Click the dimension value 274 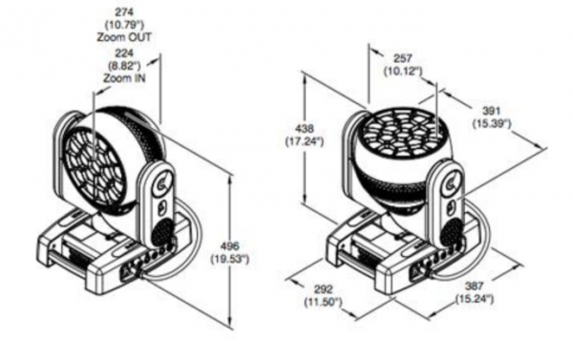click(x=124, y=12)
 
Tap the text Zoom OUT click(x=124, y=37)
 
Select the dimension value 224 click(x=124, y=53)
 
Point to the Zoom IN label click(x=124, y=78)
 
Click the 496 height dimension click(x=230, y=246)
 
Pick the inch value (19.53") click(x=230, y=259)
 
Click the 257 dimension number click(x=403, y=58)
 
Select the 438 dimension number click(x=305, y=129)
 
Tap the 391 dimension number click(x=491, y=111)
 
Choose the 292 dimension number click(x=324, y=289)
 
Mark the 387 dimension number click(x=475, y=286)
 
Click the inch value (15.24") click(x=475, y=299)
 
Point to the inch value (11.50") click(x=324, y=303)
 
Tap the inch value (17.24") click(x=305, y=141)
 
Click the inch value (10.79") click(x=124, y=25)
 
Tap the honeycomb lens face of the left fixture click(x=96, y=164)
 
